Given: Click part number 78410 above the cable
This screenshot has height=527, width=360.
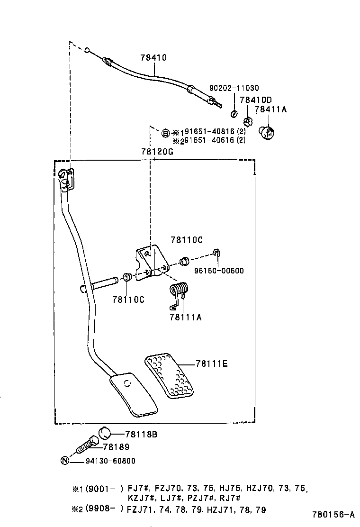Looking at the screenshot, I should (153, 58).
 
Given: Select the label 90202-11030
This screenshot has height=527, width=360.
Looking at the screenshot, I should (234, 88).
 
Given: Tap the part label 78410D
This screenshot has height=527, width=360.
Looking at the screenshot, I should (256, 100).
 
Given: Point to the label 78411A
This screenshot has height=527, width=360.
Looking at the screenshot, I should (271, 109).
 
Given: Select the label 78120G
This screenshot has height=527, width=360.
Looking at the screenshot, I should (157, 152).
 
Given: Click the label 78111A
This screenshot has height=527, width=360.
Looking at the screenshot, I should (185, 317).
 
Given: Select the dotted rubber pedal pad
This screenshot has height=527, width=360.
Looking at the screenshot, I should (169, 373).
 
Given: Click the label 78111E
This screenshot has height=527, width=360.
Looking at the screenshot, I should (212, 363).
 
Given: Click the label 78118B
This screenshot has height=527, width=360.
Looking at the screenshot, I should (141, 434).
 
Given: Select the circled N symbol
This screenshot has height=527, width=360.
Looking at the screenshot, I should (65, 460).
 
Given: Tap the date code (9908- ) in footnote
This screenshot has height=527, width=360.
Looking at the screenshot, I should (108, 510).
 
